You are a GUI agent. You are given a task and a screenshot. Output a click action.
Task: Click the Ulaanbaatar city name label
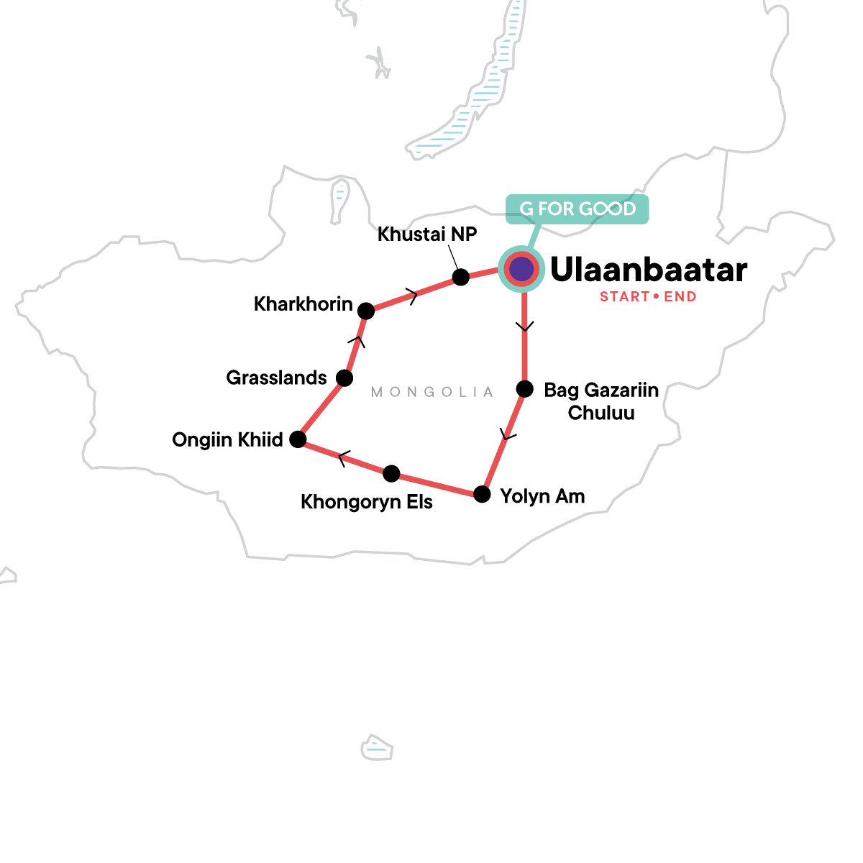click(648, 270)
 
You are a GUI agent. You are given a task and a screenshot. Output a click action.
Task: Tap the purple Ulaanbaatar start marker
click(521, 270)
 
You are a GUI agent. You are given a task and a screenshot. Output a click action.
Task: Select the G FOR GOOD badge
click(577, 209)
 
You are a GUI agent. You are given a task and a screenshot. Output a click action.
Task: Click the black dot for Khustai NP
click(461, 277)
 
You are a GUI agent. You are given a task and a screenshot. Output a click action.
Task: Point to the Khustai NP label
click(427, 234)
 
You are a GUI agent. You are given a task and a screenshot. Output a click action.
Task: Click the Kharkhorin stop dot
click(366, 311)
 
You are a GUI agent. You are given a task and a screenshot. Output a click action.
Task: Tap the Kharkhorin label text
click(303, 304)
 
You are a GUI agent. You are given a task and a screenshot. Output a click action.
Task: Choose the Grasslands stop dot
click(344, 378)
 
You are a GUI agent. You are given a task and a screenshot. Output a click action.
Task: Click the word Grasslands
click(276, 378)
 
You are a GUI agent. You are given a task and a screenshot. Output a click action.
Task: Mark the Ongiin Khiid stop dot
click(298, 439)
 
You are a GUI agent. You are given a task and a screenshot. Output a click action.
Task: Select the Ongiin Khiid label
click(227, 440)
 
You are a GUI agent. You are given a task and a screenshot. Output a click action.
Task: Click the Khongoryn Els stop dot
click(391, 473)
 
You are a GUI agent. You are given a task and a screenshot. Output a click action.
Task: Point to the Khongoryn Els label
click(367, 502)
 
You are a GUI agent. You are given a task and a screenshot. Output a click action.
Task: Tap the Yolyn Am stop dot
click(482, 495)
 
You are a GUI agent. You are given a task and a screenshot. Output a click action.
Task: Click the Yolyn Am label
click(542, 496)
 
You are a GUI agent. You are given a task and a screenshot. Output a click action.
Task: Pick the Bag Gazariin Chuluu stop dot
click(525, 389)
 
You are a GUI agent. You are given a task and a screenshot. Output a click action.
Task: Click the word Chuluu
click(601, 414)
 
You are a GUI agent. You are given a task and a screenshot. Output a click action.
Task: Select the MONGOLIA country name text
click(432, 392)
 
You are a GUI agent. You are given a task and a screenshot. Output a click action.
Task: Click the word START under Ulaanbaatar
click(624, 297)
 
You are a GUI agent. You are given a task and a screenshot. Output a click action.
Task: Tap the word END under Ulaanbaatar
click(680, 297)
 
